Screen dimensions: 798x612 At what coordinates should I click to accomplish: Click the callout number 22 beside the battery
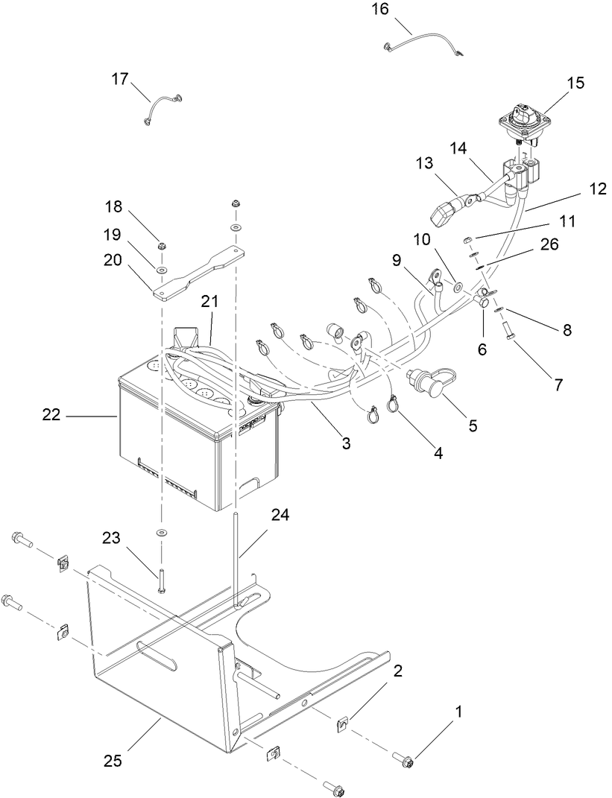(51, 416)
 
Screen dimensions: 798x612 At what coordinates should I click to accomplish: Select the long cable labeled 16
(421, 45)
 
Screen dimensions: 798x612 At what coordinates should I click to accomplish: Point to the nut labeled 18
(162, 247)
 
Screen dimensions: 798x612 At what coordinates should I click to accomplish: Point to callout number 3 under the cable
(346, 443)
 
